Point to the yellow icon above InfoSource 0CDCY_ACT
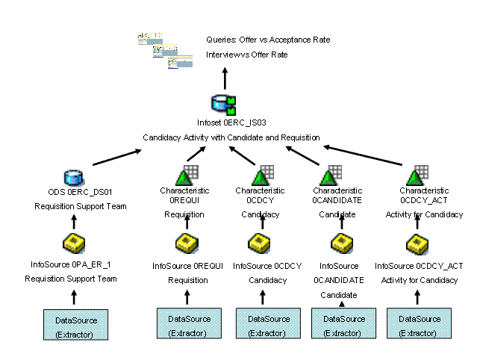(416, 243)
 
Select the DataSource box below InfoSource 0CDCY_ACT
(419, 326)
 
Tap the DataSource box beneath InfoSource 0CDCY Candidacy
(267, 326)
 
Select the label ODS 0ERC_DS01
(72, 191)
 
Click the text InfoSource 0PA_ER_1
(72, 265)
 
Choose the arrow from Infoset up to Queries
(224, 77)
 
